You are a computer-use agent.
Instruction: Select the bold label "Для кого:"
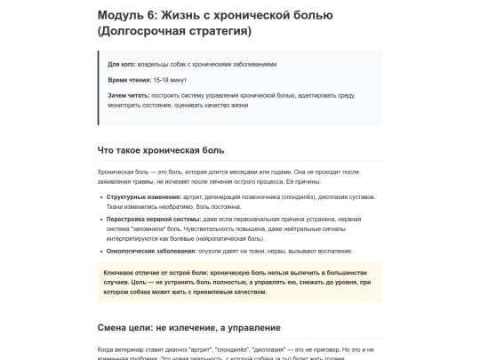tap(121, 64)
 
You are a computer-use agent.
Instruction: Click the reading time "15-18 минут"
tap(171, 80)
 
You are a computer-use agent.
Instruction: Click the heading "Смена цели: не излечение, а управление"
tap(188, 328)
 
